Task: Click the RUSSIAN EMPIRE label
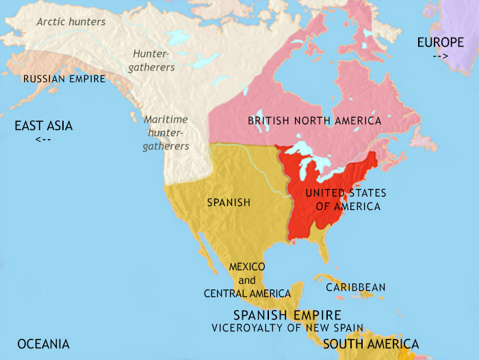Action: [x=64, y=79]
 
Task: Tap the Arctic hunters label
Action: [x=71, y=22]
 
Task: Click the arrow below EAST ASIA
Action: [x=42, y=140]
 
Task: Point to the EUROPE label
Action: [x=441, y=43]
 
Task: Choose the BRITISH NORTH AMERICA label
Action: [x=315, y=120]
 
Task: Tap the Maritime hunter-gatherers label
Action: [x=166, y=132]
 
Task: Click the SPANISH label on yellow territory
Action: [x=229, y=203]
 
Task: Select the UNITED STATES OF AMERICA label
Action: [x=346, y=199]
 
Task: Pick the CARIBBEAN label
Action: [x=355, y=287]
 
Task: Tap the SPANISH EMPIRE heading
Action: [x=287, y=315]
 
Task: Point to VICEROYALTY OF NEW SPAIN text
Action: [x=287, y=327]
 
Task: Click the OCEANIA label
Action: [x=44, y=344]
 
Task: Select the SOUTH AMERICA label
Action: [x=371, y=344]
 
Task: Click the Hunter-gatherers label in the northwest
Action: [x=154, y=60]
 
